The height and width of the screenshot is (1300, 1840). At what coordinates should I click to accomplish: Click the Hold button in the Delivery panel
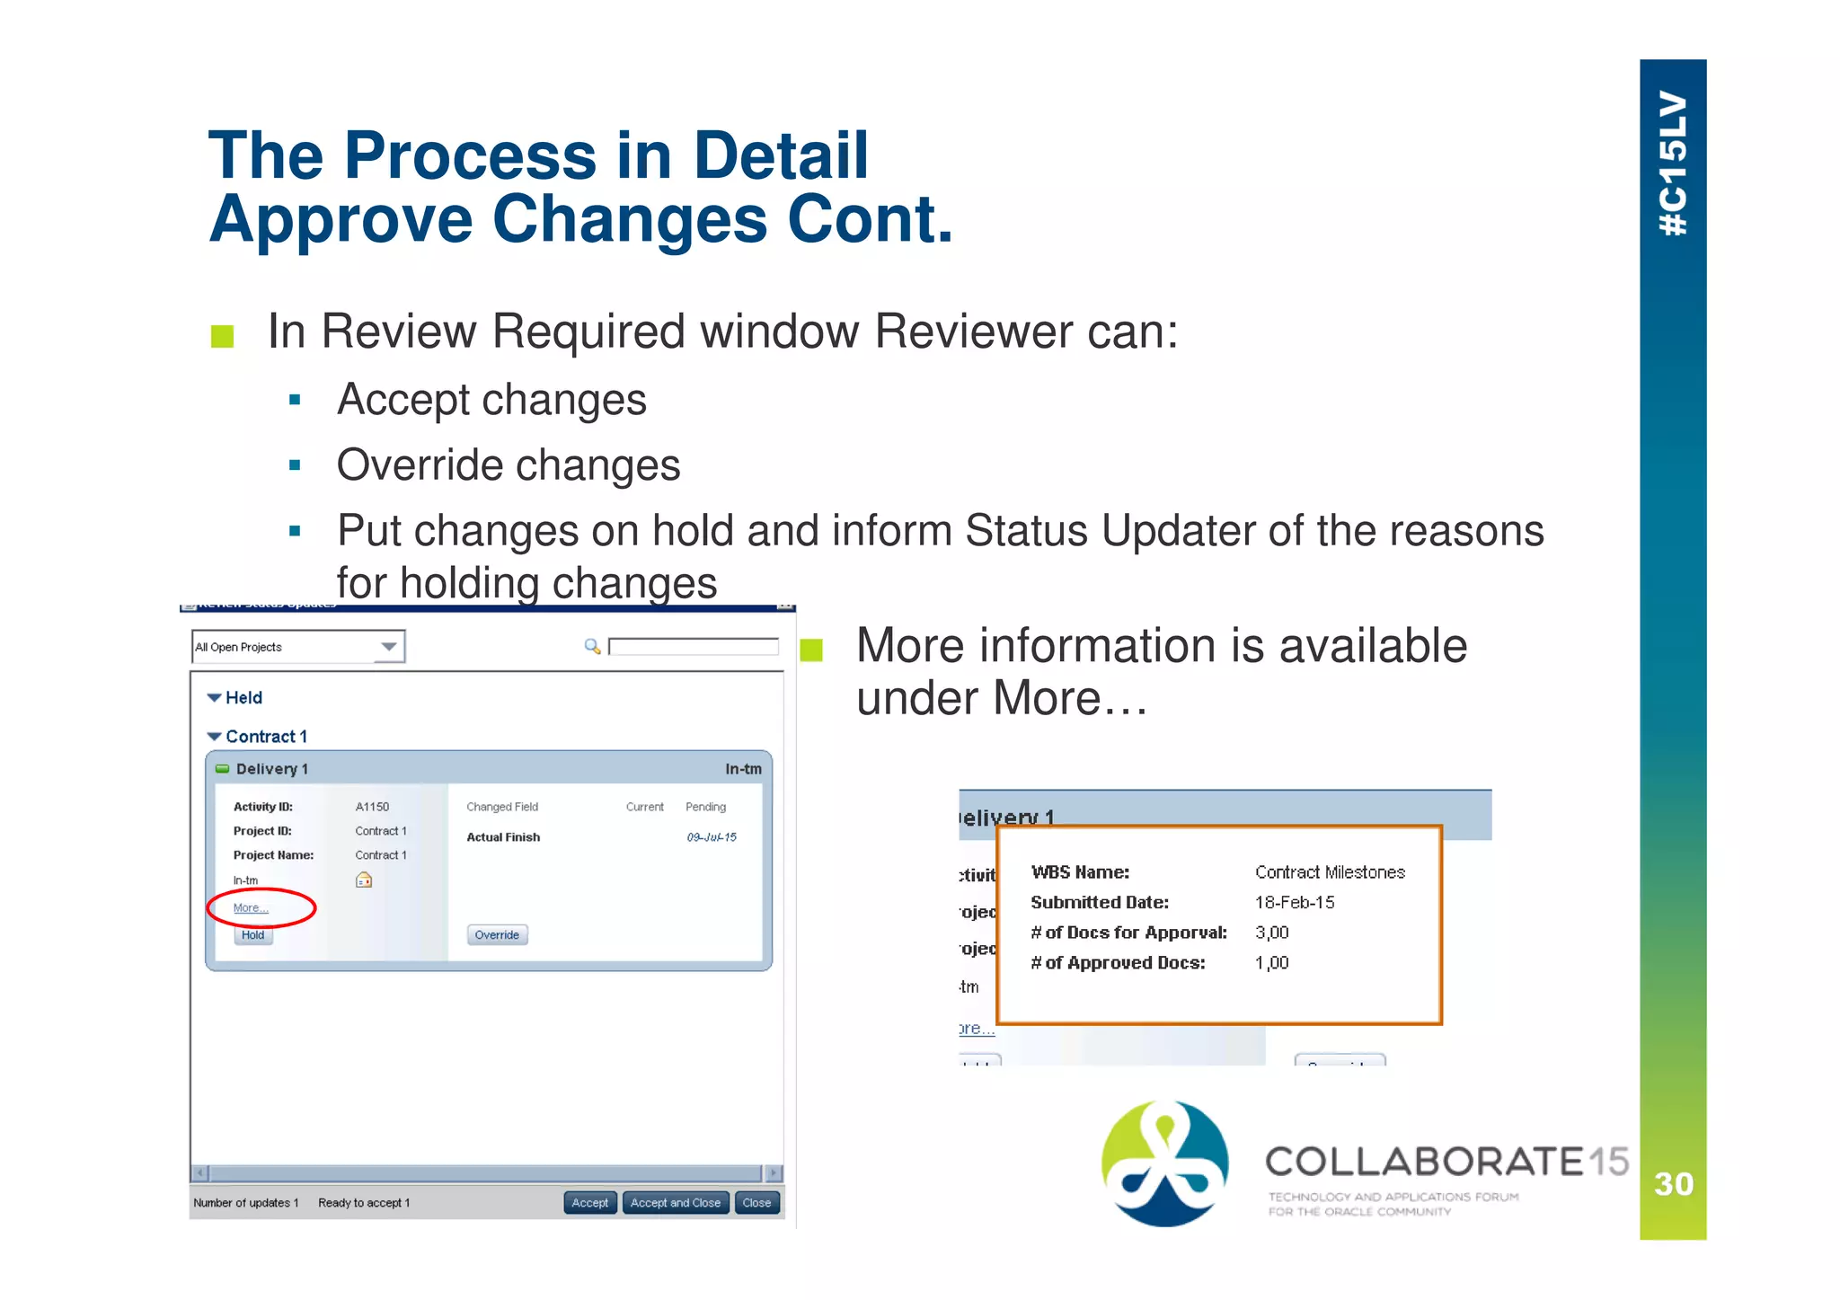tap(252, 935)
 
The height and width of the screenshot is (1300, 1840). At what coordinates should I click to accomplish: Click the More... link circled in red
tap(251, 908)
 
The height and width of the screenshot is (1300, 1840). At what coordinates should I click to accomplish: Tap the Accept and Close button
tap(675, 1203)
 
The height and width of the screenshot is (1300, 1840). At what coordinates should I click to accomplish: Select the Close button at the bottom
tap(756, 1203)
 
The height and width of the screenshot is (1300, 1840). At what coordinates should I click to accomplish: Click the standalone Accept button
tap(589, 1203)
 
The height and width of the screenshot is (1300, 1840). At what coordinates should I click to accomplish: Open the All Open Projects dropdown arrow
tap(389, 647)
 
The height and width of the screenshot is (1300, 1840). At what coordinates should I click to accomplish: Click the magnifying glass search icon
tap(592, 646)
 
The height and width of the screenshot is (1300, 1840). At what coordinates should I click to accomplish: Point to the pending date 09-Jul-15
tap(712, 837)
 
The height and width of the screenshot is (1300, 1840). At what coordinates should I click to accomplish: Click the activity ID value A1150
tap(372, 807)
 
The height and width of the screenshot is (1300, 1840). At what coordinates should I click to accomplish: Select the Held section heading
tap(243, 698)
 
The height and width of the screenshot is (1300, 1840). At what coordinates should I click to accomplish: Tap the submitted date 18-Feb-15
tap(1295, 903)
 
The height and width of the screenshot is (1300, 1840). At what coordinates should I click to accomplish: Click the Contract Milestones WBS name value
tap(1330, 872)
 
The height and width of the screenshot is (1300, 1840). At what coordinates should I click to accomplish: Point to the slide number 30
tap(1674, 1184)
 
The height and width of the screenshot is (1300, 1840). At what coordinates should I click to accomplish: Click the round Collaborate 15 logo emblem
tap(1165, 1163)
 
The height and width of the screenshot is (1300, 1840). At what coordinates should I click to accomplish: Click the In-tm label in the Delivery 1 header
tap(743, 769)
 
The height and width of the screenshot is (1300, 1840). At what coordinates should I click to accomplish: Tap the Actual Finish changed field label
tap(503, 837)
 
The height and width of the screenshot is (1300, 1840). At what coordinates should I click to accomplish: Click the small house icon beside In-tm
tap(364, 880)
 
